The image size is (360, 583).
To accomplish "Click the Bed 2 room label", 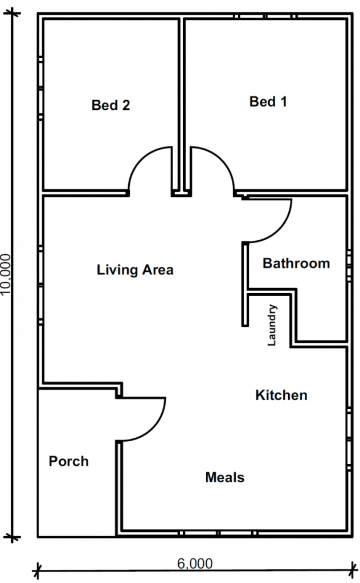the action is (111, 105).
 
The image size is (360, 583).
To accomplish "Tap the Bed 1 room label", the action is (268, 101).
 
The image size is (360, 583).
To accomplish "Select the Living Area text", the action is (135, 269).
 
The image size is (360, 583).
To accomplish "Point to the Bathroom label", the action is (296, 263).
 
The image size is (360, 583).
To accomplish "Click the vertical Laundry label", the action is (272, 325).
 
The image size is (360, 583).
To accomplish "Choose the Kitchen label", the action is (281, 395).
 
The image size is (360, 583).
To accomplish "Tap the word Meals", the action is (225, 478).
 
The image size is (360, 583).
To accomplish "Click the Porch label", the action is (69, 461).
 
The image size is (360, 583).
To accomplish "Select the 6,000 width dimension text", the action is (195, 564).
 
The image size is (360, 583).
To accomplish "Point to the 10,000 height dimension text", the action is (6, 274).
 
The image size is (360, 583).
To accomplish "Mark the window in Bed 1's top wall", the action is (265, 16).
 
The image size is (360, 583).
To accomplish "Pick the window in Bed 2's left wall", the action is (40, 88).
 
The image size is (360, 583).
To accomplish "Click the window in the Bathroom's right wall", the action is (349, 265).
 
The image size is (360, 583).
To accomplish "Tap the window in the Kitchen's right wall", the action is (349, 440).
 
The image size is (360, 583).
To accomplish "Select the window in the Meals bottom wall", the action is (218, 533).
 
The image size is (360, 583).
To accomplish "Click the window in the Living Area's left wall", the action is (40, 285).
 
